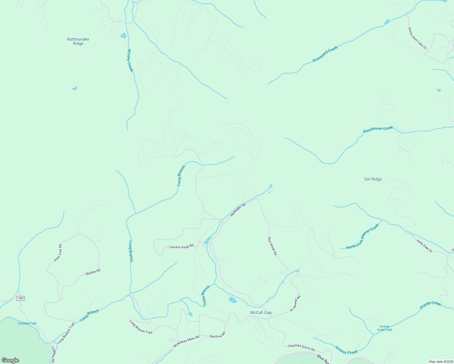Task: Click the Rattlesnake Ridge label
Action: click(x=78, y=41)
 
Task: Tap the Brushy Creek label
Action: click(x=130, y=61)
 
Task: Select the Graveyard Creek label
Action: click(x=325, y=54)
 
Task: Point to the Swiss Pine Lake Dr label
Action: click(x=417, y=39)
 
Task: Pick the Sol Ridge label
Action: click(x=373, y=179)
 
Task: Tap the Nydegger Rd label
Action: click(x=238, y=210)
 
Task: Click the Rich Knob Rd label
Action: click(x=272, y=246)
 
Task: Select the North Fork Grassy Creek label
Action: click(x=362, y=237)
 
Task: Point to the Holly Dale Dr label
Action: click(x=424, y=246)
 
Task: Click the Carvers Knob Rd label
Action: click(x=181, y=247)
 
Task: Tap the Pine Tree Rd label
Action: click(x=58, y=253)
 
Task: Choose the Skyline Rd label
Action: click(x=93, y=272)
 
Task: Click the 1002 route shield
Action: click(x=21, y=298)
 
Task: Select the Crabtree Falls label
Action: click(x=27, y=323)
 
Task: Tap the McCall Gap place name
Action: click(x=261, y=312)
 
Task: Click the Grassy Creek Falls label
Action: click(x=385, y=328)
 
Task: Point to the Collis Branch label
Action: click(x=206, y=295)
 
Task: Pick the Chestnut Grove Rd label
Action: click(x=301, y=347)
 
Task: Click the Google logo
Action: click(x=10, y=360)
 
